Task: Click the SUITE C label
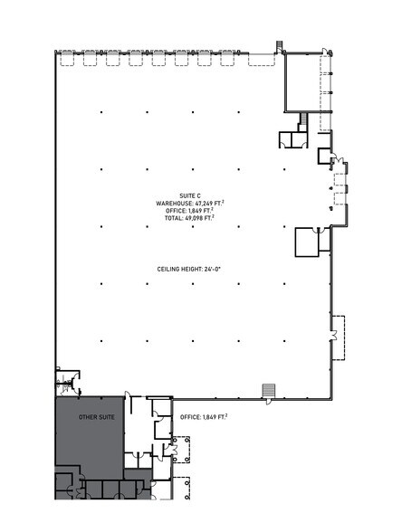coord(191,195)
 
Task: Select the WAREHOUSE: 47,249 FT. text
coord(191,204)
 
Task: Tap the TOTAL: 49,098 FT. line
coord(191,219)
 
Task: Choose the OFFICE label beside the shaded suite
coord(204,417)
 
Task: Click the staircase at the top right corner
coord(279,45)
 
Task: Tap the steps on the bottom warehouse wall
coord(267,389)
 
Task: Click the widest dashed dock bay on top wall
coord(263,60)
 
